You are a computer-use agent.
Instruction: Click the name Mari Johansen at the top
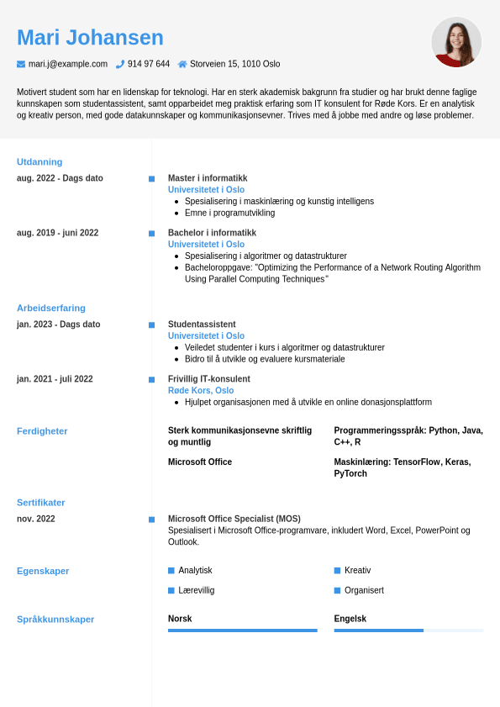click(90, 38)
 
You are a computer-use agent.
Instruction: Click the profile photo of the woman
click(456, 42)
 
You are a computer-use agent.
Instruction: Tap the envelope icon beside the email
click(21, 64)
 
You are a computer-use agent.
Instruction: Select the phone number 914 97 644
click(149, 64)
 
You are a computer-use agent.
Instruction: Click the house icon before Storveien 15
click(182, 64)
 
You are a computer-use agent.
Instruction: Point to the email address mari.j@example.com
click(68, 64)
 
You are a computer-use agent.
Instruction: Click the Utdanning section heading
click(39, 161)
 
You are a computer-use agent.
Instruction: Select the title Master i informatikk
click(208, 178)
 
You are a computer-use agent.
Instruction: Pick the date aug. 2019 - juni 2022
click(57, 233)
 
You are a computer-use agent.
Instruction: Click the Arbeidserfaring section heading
click(51, 308)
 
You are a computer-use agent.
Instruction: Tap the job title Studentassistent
click(202, 324)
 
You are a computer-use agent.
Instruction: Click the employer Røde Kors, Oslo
click(201, 390)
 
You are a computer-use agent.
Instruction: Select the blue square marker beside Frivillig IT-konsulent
click(151, 379)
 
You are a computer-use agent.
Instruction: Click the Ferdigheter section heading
click(42, 431)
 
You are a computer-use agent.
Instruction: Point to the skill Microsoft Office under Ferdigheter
click(200, 462)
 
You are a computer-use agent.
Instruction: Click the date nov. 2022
click(36, 519)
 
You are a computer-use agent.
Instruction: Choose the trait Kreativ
click(357, 570)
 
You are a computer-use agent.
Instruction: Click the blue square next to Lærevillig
click(171, 590)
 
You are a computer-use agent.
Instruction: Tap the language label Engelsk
click(350, 619)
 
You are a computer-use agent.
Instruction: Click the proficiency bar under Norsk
click(242, 630)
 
